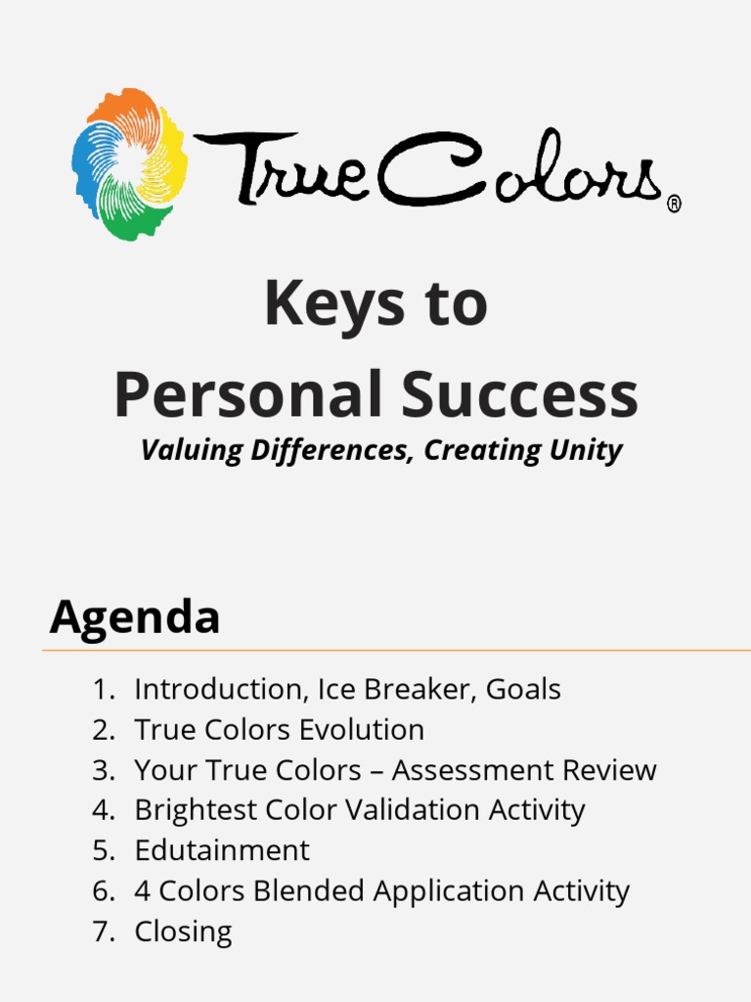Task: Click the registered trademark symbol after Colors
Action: point(674,204)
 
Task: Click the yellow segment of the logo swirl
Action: point(168,157)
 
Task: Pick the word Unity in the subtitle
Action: point(584,450)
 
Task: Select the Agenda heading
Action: point(135,617)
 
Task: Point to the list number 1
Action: point(103,690)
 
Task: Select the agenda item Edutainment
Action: point(222,850)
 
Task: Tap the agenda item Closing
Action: point(183,932)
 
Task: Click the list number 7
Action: point(103,932)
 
